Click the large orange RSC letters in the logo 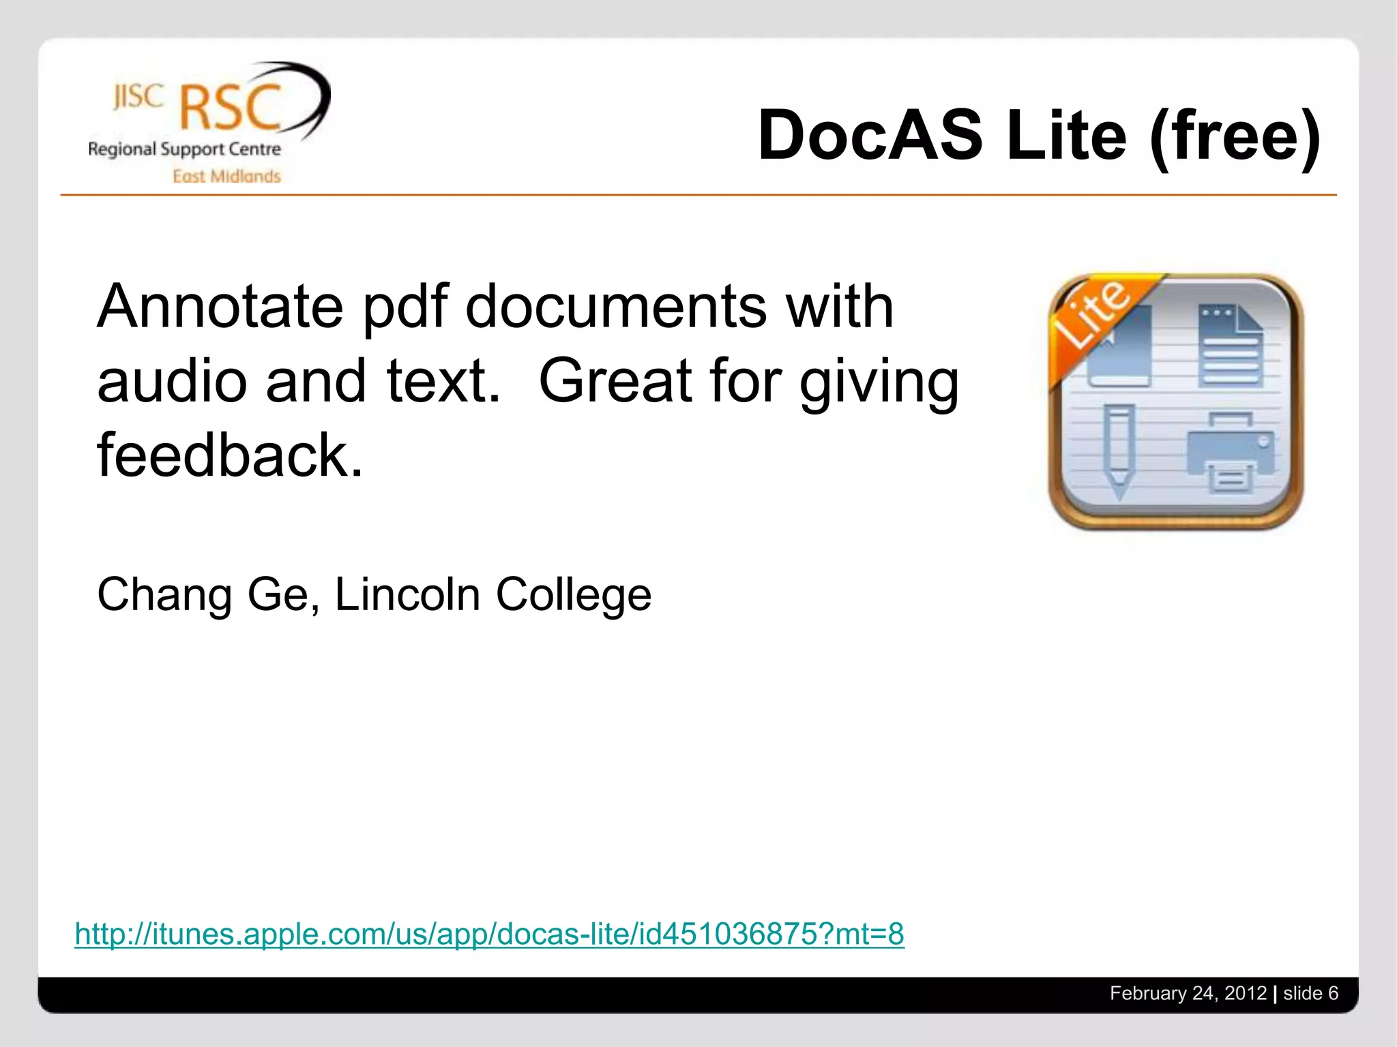tap(231, 106)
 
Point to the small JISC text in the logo tap(138, 97)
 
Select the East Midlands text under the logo tap(226, 177)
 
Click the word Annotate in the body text tap(220, 307)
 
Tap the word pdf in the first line tap(405, 307)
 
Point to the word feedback tap(229, 455)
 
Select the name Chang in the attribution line tap(164, 594)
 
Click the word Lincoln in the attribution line tap(407, 594)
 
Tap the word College tap(573, 594)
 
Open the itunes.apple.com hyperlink tap(489, 934)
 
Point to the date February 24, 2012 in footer tap(1188, 993)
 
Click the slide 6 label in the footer tap(1310, 993)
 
